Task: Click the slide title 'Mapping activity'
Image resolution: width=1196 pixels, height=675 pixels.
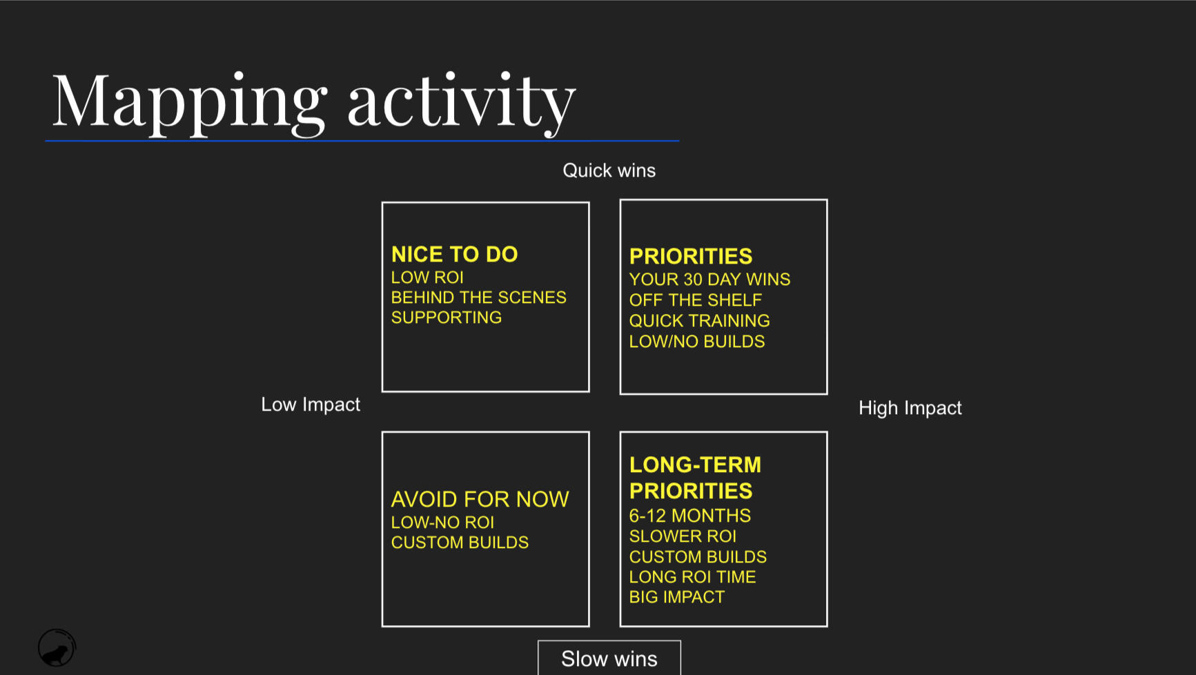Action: [314, 102]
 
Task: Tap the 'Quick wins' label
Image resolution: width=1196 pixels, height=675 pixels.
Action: [609, 170]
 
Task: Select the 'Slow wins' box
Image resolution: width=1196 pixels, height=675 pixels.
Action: [609, 658]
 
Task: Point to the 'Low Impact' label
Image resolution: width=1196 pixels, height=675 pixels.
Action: [311, 404]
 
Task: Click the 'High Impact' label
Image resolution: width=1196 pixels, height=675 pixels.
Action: [910, 408]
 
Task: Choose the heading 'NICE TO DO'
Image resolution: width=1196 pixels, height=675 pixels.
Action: [454, 254]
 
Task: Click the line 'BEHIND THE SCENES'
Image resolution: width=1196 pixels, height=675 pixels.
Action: [479, 297]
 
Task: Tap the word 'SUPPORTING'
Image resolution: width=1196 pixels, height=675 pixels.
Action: [447, 317]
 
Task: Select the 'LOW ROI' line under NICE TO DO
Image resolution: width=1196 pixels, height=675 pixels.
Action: [427, 277]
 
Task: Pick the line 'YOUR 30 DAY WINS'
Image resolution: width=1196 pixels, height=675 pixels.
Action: [709, 280]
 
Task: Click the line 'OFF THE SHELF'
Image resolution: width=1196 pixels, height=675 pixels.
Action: [696, 300]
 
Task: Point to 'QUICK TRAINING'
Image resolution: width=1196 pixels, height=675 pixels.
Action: [700, 321]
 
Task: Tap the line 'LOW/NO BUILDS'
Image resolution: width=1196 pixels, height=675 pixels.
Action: [697, 342]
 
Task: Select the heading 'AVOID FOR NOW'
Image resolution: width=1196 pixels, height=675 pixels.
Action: [480, 499]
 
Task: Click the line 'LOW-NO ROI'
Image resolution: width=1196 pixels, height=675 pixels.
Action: [442, 522]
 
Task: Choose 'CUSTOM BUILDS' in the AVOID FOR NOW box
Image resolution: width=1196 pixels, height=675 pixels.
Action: [460, 542]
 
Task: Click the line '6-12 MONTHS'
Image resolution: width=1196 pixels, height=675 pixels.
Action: [690, 516]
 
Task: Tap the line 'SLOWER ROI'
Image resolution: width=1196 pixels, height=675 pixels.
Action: [683, 536]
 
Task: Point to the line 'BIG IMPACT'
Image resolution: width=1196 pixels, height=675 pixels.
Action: [677, 597]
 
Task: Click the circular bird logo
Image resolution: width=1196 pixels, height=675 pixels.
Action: [57, 648]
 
